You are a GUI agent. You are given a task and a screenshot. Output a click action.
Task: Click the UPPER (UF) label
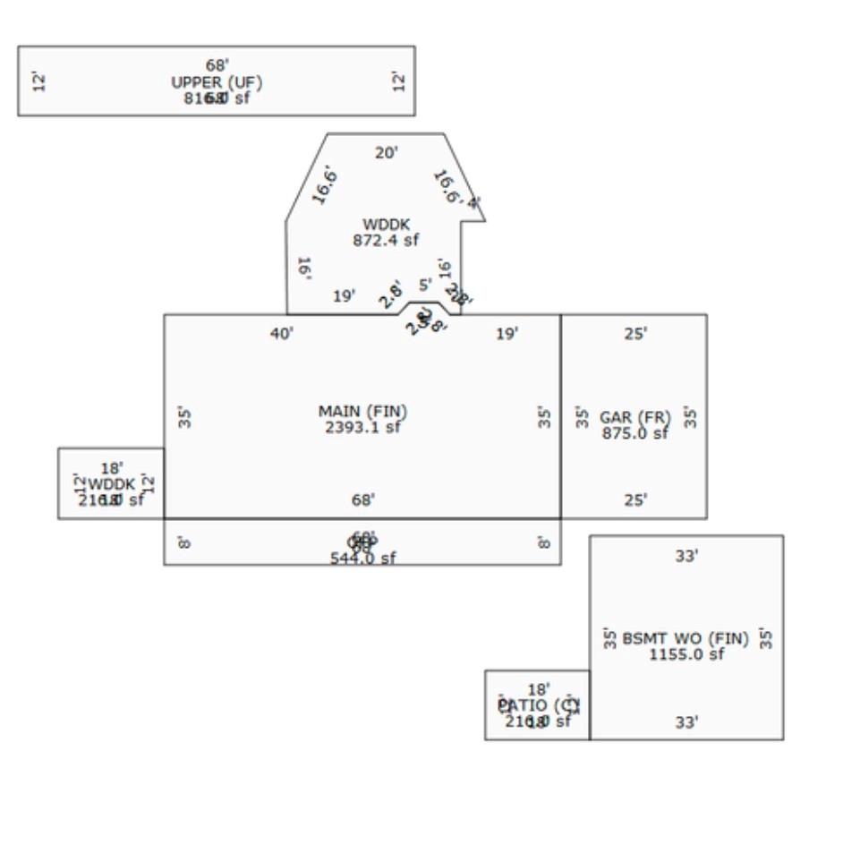pos(217,82)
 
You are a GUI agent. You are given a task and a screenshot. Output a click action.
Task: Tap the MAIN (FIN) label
pos(362,412)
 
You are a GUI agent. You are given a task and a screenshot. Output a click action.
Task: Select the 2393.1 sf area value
pos(362,427)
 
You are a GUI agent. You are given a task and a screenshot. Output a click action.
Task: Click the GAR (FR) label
pos(634,417)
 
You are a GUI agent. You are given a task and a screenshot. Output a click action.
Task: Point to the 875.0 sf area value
pos(634,433)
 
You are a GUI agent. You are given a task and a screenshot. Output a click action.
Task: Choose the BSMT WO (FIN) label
pos(685,639)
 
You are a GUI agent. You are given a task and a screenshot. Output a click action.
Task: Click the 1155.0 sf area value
pos(686,654)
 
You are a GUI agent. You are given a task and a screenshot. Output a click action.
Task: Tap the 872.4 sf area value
pos(386,240)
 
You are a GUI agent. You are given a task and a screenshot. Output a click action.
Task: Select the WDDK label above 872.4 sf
pos(386,224)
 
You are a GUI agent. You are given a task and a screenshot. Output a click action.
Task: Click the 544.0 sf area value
pos(362,558)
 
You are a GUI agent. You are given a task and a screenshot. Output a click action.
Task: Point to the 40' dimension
pos(282,334)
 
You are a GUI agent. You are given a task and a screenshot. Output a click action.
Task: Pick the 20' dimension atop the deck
pos(386,153)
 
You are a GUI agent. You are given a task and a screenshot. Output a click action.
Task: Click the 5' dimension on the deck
pos(425,285)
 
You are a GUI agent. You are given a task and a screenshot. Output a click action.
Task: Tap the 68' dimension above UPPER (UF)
pos(217,65)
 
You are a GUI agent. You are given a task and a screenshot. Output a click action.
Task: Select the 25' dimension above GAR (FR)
pos(635,334)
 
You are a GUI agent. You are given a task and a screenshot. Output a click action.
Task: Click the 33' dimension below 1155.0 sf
pos(686,722)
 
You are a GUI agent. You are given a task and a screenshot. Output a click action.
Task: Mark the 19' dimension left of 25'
pos(507,334)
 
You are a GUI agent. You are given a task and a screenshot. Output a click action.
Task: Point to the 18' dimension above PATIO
pos(538,689)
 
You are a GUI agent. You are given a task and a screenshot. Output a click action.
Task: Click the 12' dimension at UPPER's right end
pos(399,81)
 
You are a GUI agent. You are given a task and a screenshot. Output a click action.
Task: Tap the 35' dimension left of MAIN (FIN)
pos(184,417)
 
